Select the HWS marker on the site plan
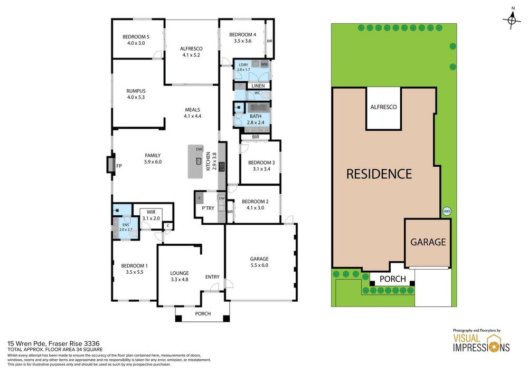coord(447,212)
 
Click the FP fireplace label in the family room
coord(119,166)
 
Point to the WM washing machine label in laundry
coord(263,64)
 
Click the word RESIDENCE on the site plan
coord(379,174)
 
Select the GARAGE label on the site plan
coord(428,243)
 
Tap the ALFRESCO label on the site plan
coord(383,107)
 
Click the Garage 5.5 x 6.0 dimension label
coord(259,262)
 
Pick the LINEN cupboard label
coord(258,85)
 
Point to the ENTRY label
coord(212,276)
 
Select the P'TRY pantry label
coord(208,208)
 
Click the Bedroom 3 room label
coord(259,166)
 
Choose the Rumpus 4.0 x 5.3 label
coord(136,93)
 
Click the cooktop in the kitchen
coord(222,167)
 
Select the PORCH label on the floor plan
coord(203,314)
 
